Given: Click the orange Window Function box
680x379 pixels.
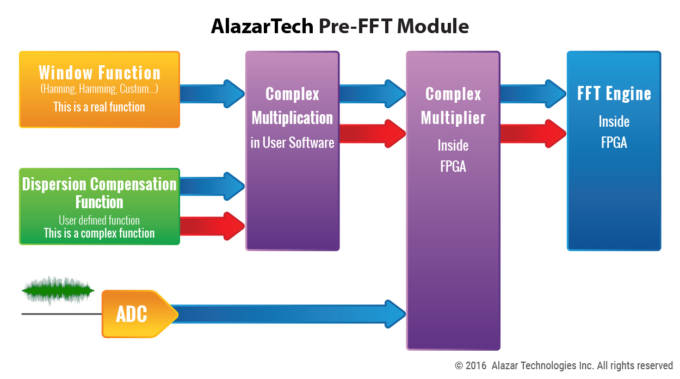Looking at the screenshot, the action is [100, 90].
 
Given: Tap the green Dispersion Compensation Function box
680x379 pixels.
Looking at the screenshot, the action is [100, 207].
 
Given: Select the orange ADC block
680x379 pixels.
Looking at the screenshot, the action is [140, 314].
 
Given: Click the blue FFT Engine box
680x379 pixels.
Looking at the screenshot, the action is [614, 151].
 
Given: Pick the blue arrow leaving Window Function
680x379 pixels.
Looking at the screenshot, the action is [212, 94].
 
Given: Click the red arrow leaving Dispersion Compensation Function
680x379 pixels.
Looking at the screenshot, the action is [212, 226].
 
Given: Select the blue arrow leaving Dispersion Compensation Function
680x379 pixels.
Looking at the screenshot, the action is [212, 187].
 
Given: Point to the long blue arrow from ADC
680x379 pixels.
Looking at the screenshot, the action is [288, 314].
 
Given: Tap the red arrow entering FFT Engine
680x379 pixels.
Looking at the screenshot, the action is [533, 134].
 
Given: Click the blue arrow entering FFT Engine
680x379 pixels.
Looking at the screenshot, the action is [533, 94].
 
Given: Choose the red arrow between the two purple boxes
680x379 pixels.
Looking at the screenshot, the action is [373, 134].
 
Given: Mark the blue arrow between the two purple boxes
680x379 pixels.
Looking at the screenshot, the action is [373, 94].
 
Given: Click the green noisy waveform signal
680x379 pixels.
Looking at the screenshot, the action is [58, 290].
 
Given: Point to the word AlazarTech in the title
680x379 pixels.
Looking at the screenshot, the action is [262, 26].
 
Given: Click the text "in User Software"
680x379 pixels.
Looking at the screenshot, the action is [292, 142].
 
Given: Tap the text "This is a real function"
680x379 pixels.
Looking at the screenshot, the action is [99, 107].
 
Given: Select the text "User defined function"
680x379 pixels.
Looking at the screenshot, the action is [99, 220].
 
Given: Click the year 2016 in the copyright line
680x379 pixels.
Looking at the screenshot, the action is [475, 365].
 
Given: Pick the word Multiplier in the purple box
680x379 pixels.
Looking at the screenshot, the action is [453, 118].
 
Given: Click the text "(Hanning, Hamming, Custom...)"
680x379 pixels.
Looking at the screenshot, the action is [99, 89].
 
